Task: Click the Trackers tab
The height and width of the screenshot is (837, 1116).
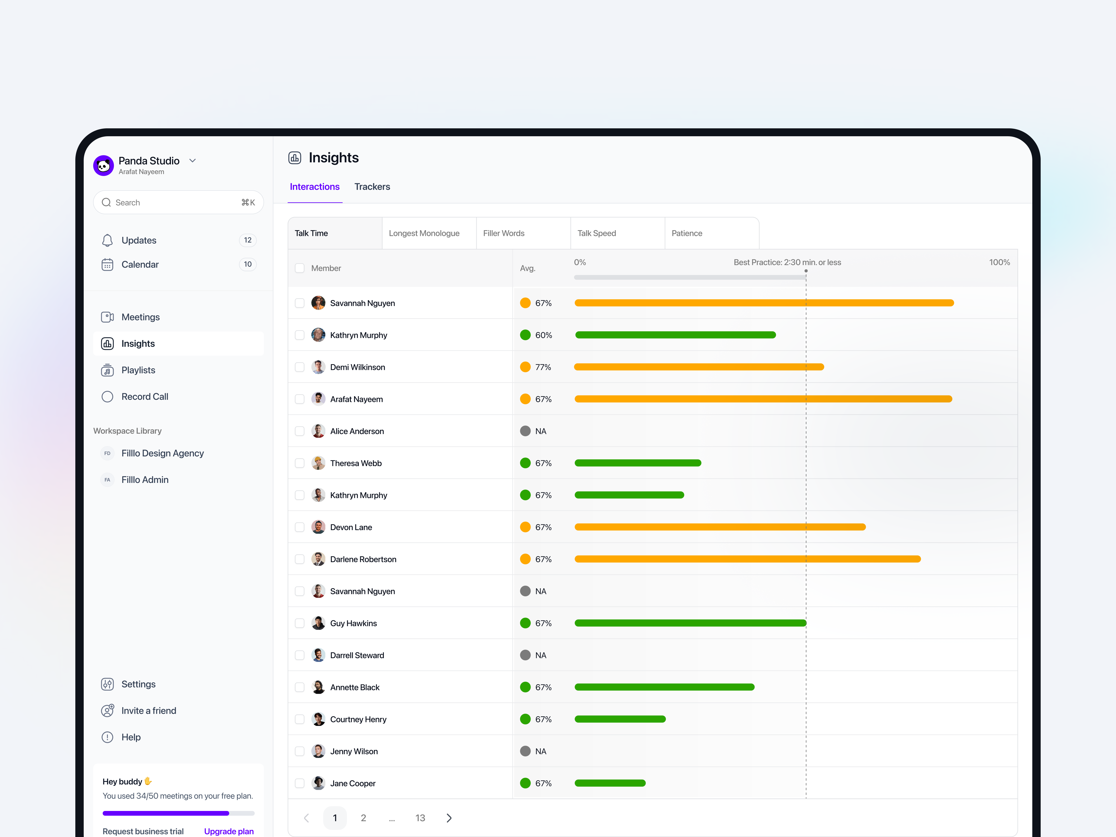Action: (372, 187)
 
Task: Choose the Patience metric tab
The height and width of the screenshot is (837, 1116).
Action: (687, 233)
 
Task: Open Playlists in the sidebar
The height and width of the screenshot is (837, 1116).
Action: (138, 370)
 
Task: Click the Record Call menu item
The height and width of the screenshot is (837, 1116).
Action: (145, 397)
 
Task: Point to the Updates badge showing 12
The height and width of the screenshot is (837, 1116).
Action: (247, 240)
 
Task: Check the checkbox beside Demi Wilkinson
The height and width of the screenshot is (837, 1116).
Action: (300, 367)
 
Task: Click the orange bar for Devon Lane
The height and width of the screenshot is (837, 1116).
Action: (720, 527)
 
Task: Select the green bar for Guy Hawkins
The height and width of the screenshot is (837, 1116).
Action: (690, 623)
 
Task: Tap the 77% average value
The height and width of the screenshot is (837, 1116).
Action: (543, 367)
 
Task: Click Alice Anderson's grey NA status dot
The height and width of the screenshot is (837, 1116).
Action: (525, 431)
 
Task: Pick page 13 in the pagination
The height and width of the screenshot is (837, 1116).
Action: (420, 818)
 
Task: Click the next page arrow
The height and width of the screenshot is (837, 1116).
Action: (449, 818)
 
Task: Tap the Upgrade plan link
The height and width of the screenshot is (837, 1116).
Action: (229, 831)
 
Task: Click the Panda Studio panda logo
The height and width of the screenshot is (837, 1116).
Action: (103, 166)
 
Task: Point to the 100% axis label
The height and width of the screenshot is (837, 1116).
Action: (999, 262)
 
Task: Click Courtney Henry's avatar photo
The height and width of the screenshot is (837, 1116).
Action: (318, 719)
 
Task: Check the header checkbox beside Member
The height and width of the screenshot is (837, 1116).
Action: (300, 268)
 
